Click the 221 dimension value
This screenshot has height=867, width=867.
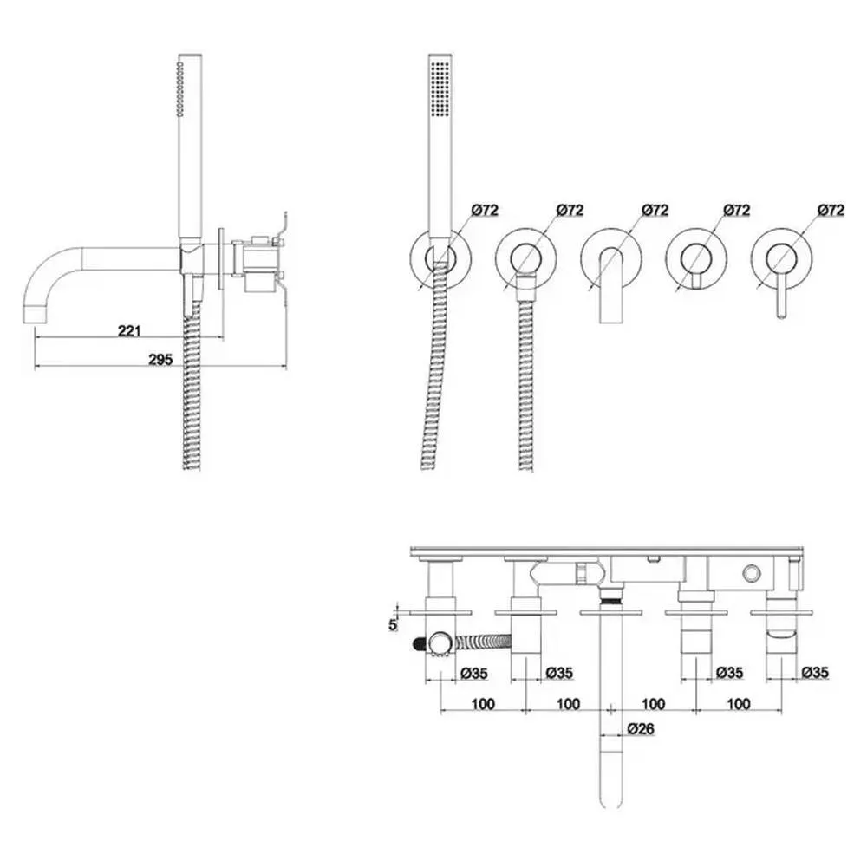(129, 330)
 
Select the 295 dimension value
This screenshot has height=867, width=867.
(160, 359)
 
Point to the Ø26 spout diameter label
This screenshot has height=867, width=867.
(641, 729)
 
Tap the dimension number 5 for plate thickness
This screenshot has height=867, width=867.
(393, 625)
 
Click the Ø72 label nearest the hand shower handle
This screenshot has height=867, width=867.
(485, 210)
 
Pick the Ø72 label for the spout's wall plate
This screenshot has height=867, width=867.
(655, 210)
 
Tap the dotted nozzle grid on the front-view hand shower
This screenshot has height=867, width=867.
(440, 88)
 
